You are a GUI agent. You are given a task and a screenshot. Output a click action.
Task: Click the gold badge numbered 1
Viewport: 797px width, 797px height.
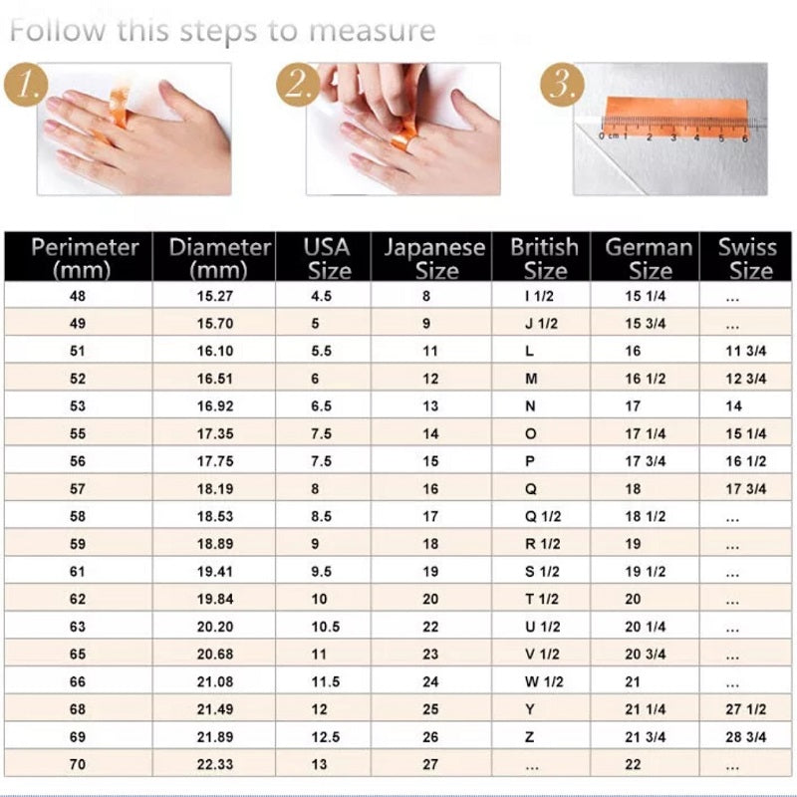click(x=28, y=86)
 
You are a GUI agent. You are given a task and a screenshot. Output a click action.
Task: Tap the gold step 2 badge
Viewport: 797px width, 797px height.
click(x=296, y=86)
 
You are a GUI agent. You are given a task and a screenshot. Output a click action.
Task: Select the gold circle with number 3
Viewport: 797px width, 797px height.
click(x=561, y=86)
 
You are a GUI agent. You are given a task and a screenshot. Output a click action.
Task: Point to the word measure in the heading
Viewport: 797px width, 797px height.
click(x=372, y=30)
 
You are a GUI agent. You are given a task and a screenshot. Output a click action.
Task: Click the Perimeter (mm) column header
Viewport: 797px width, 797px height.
click(x=79, y=257)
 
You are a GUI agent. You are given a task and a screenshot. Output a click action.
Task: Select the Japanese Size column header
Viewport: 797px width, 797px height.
click(x=434, y=257)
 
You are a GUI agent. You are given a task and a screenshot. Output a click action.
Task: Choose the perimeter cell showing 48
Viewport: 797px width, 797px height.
click(x=79, y=296)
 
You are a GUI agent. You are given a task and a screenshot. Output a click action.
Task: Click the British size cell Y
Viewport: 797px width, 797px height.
click(x=529, y=709)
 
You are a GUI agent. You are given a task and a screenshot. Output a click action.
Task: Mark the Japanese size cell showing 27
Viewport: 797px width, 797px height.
click(x=429, y=765)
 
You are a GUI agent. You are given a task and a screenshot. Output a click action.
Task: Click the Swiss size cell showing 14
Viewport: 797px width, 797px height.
click(x=734, y=406)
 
